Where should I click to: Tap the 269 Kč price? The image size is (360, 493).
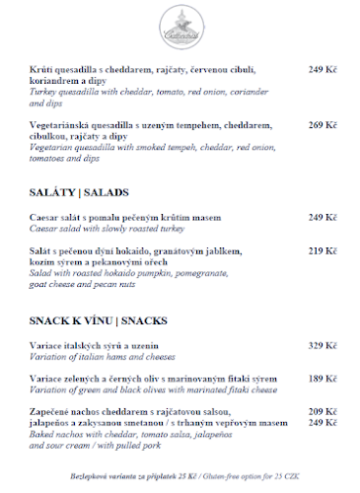pyautogui.click(x=323, y=125)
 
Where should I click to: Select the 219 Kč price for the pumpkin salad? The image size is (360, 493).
pyautogui.click(x=323, y=250)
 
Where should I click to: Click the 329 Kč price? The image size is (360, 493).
pyautogui.click(x=323, y=345)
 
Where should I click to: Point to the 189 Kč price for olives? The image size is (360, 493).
pyautogui.click(x=323, y=378)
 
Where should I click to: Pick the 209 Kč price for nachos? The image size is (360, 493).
pyautogui.click(x=323, y=411)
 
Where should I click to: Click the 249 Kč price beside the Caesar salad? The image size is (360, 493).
pyautogui.click(x=323, y=217)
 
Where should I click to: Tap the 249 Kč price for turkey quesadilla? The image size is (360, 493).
pyautogui.click(x=323, y=69)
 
